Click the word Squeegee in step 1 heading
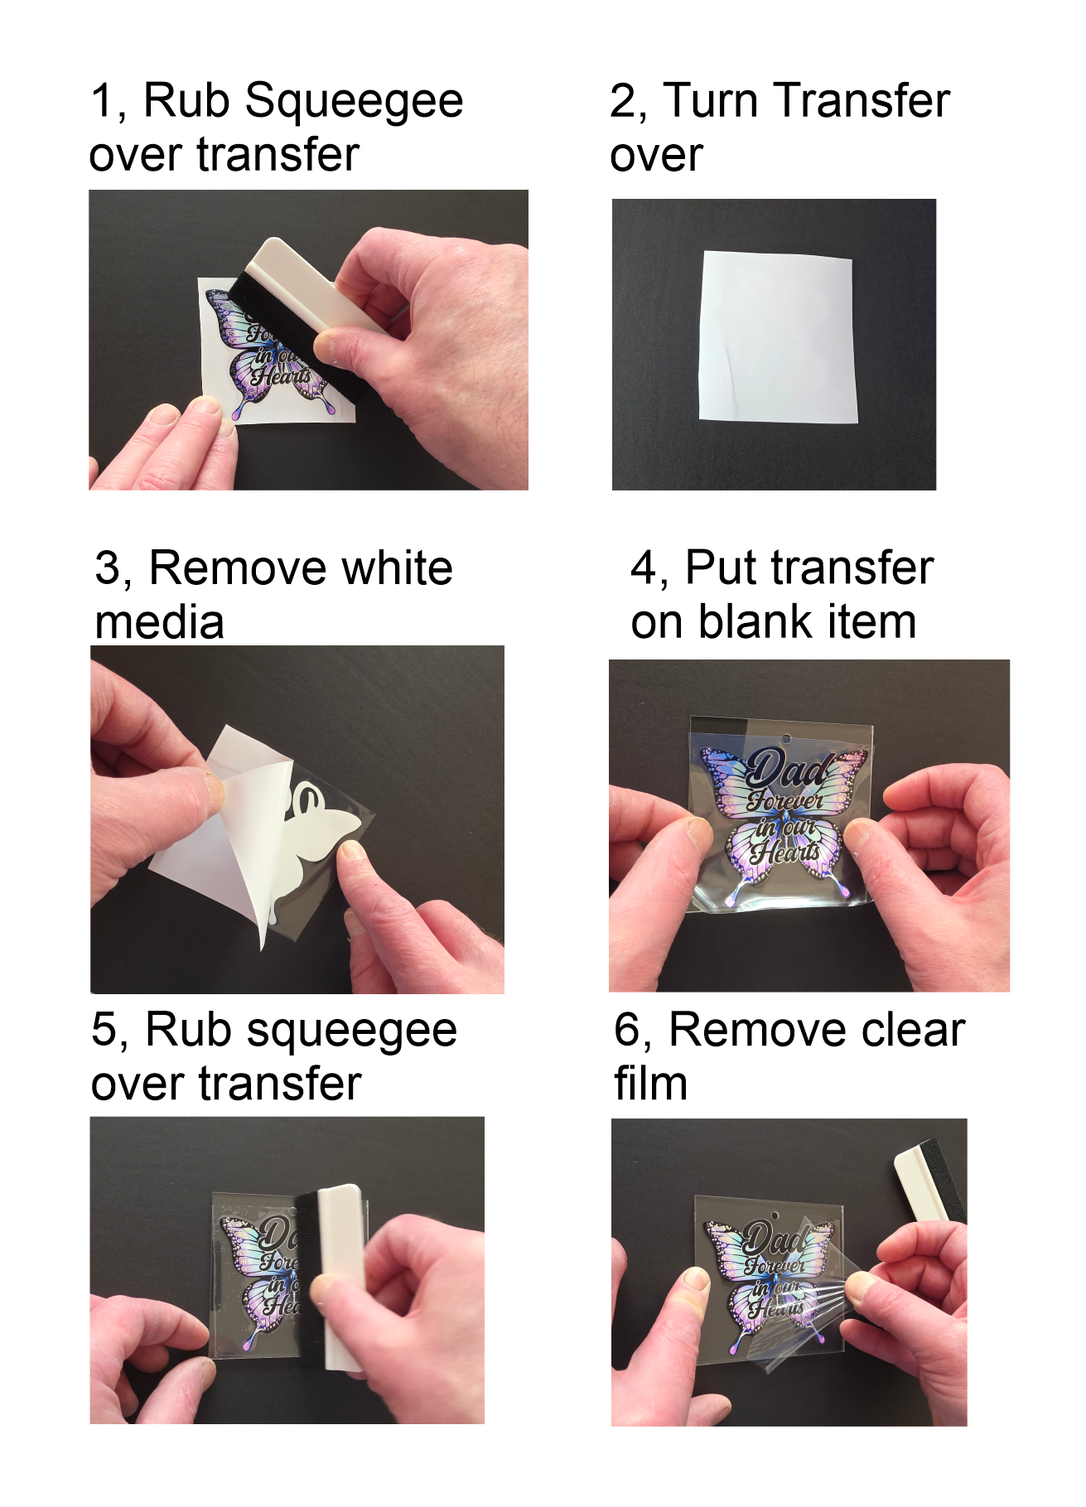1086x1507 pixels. [354, 103]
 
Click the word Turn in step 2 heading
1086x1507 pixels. [712, 101]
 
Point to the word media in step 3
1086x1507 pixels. [160, 622]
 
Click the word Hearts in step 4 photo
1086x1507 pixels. [785, 850]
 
